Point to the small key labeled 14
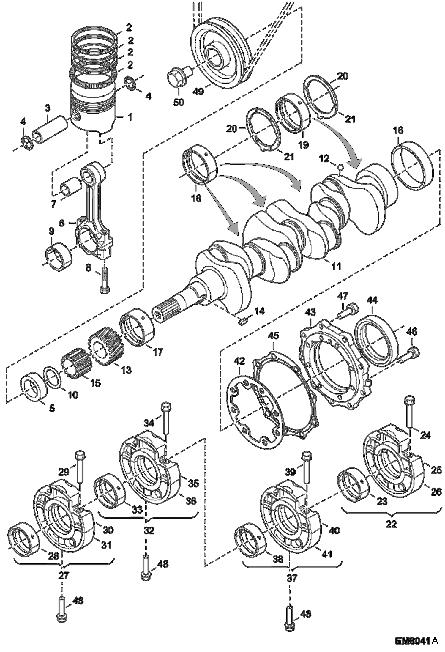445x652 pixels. (243, 321)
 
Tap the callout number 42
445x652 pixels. (239, 361)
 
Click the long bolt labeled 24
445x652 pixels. (408, 413)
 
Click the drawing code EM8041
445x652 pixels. (413, 639)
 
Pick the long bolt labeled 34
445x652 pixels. (166, 420)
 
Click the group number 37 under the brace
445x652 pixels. (292, 578)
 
